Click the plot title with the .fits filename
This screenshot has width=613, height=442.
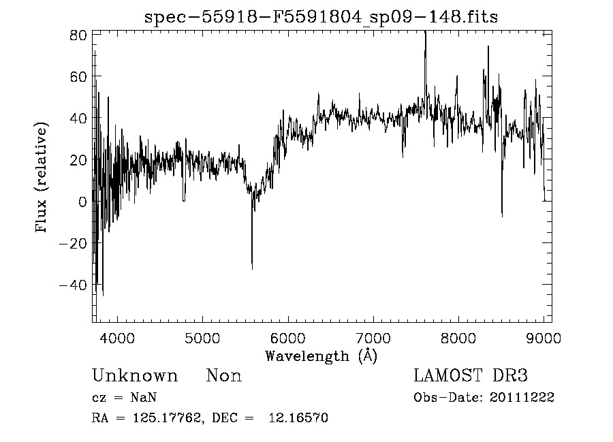click(321, 17)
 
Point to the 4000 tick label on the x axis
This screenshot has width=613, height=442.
click(118, 337)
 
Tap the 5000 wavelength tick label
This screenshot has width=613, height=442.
click(203, 337)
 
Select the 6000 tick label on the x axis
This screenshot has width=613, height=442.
click(288, 337)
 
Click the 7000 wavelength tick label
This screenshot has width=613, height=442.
click(373, 337)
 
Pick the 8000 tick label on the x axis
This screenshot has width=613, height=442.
click(458, 337)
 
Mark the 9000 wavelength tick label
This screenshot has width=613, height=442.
click(543, 337)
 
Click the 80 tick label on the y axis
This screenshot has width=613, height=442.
click(78, 35)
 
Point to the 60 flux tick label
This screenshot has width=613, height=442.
click(78, 76)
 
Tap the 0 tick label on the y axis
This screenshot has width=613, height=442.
click(82, 202)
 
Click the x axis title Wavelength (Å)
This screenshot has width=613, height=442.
click(321, 356)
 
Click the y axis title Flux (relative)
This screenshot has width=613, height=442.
click(42, 178)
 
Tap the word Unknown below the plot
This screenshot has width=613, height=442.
click(135, 376)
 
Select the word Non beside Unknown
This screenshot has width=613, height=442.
click(224, 376)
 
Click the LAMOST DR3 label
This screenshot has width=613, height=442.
click(471, 376)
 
